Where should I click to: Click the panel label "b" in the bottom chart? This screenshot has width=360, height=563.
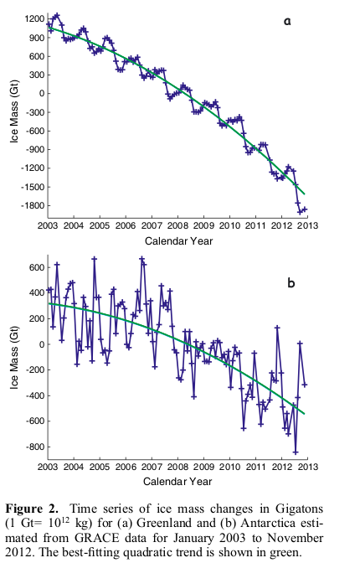(291, 282)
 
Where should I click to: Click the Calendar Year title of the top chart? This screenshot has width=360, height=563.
(177, 240)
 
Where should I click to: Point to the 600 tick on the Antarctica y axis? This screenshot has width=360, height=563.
(36, 267)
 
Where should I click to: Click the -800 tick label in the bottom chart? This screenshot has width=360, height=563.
(33, 447)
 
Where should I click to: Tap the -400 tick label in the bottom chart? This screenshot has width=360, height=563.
(33, 395)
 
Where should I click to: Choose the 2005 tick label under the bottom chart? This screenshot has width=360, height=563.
(100, 466)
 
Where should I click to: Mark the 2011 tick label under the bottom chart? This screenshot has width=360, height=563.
(255, 466)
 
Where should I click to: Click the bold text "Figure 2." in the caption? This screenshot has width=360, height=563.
(38, 508)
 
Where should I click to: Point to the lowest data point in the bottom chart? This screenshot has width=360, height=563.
(296, 452)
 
